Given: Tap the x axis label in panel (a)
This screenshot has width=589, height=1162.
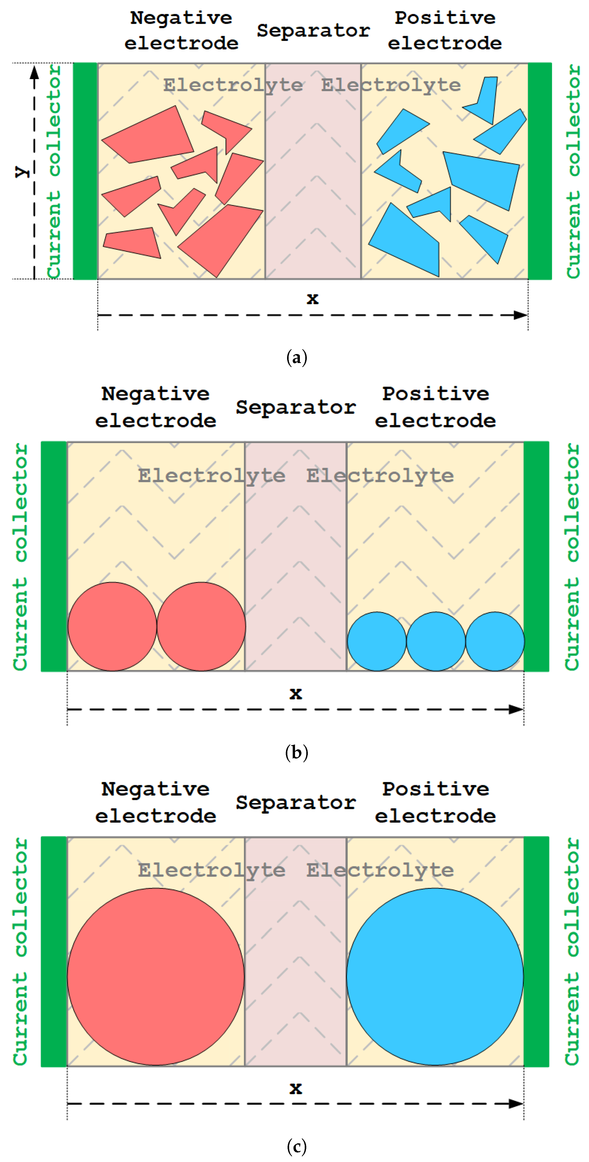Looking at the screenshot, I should (x=312, y=299).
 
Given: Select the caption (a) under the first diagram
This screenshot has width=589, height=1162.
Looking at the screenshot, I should (x=297, y=358).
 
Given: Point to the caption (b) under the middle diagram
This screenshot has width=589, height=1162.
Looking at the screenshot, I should (x=297, y=752).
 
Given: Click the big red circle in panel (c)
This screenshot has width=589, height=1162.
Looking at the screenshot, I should (x=156, y=977).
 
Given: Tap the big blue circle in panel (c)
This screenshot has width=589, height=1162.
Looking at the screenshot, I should (x=435, y=977).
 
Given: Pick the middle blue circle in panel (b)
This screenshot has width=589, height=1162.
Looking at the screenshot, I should (x=436, y=641).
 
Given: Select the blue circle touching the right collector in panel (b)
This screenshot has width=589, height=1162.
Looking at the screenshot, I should (x=495, y=641).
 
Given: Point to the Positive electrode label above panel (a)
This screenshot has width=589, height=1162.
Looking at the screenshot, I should (x=445, y=30).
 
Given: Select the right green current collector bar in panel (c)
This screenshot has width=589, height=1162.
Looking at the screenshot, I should (x=536, y=952).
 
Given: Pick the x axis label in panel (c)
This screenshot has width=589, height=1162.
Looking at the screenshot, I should (x=296, y=1089).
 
